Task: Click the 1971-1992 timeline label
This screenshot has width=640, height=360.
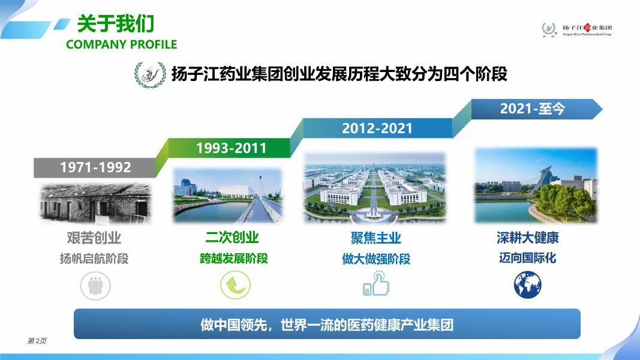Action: pos(95,167)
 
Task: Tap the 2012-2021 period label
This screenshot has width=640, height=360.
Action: pos(377,128)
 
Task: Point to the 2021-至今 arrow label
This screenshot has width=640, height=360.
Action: pos(532,109)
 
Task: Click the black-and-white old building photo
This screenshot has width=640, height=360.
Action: pos(95,203)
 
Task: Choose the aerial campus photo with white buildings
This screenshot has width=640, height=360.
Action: pos(375,188)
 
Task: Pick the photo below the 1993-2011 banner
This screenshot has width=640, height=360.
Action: pos(228,196)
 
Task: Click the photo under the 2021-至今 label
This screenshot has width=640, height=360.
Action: pos(536,186)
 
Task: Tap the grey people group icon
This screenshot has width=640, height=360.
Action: pos(95,286)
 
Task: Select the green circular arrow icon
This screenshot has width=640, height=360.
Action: pos(235,285)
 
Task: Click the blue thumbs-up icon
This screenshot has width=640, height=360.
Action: pos(376,283)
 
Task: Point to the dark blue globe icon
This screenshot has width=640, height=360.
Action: pos(527,284)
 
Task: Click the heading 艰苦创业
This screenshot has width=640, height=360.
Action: pos(94,238)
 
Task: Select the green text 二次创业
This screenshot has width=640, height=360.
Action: pos(232,237)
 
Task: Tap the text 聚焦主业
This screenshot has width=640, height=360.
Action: pos(375,238)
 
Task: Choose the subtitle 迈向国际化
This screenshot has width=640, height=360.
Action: pos(527,258)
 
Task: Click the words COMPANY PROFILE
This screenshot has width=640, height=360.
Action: pos(122,44)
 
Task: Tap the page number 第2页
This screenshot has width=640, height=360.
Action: pos(37,341)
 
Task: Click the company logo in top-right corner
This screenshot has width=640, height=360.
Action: pos(577,29)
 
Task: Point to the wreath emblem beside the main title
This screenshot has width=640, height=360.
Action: pos(150,74)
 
